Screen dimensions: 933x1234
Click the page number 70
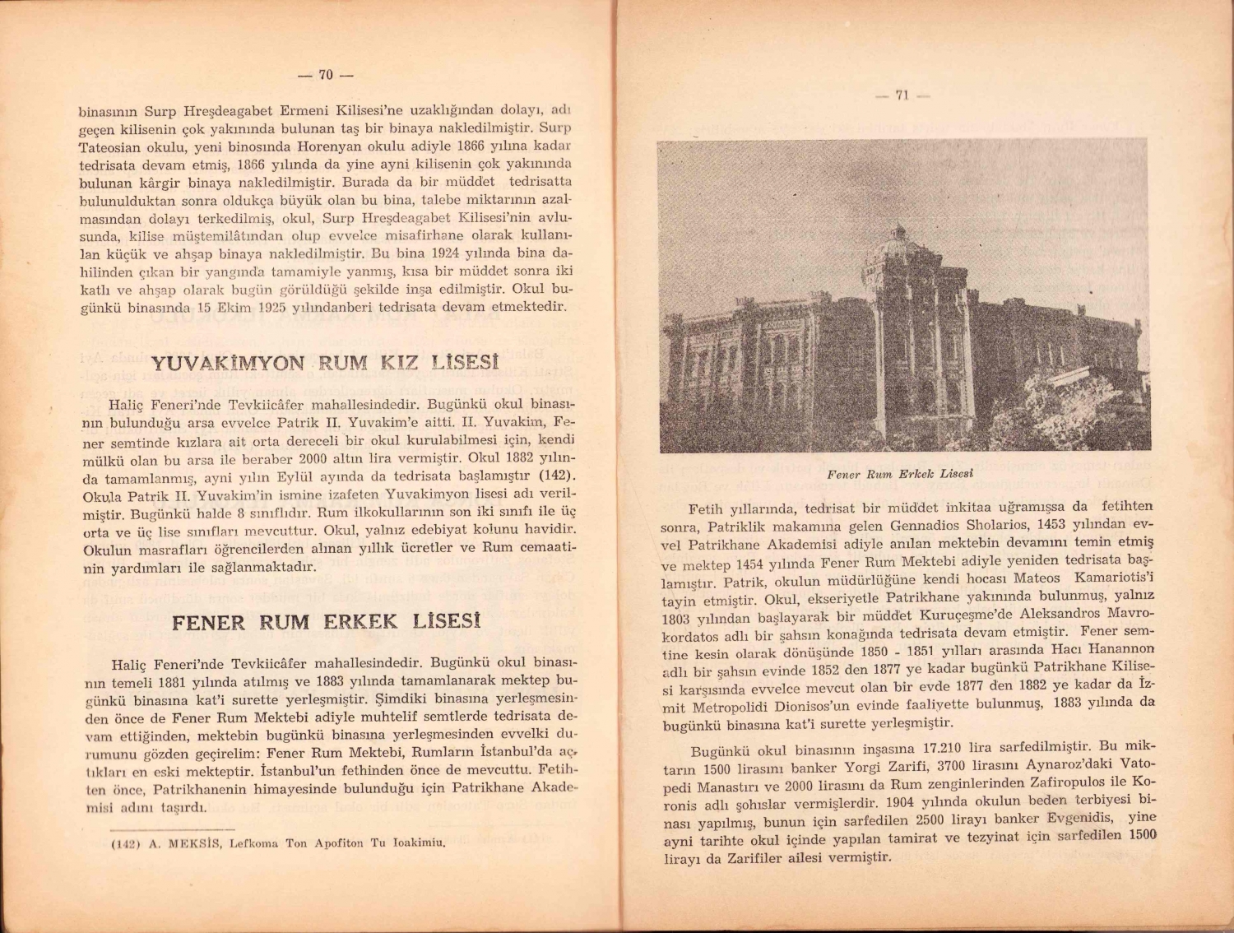tap(325, 75)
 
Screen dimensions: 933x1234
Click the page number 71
tap(902, 95)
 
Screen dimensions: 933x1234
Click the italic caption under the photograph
tap(900, 475)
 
